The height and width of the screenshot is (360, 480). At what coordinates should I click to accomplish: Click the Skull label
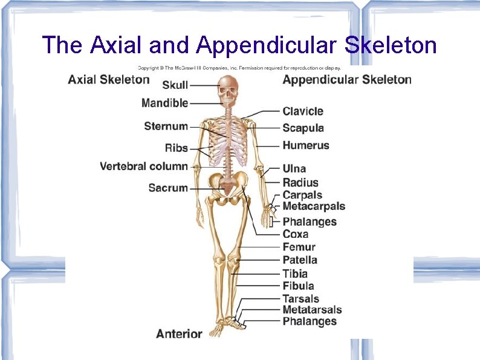[175, 85]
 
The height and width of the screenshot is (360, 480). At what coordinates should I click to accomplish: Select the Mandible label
[164, 103]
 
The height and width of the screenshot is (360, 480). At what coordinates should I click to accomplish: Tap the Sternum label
[166, 126]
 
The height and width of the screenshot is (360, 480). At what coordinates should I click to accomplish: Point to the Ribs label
[176, 148]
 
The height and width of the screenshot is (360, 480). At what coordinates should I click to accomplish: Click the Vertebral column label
[144, 166]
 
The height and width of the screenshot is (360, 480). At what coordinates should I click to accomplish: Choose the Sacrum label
[168, 188]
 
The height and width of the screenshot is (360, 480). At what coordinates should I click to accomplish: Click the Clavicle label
[303, 111]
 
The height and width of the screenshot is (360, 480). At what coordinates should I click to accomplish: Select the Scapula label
[303, 128]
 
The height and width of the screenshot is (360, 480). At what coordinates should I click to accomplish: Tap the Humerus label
[306, 145]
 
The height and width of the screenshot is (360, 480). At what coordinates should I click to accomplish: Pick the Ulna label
[294, 169]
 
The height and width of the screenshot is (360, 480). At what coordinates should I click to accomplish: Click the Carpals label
[302, 195]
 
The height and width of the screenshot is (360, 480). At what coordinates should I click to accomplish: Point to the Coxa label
[296, 234]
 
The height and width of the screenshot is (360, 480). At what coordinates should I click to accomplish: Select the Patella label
[300, 260]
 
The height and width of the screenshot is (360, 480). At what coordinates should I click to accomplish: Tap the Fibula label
[298, 286]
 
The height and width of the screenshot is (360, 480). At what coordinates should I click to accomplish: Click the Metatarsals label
[312, 310]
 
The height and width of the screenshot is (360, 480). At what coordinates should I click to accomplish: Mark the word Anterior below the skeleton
[179, 333]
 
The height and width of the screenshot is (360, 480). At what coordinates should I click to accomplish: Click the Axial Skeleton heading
[108, 79]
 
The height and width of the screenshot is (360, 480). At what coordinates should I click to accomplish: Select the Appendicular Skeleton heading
[347, 80]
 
